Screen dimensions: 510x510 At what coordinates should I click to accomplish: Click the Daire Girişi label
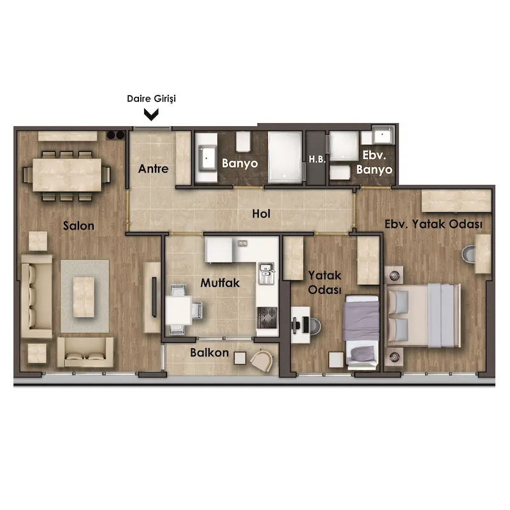(x=151, y=99)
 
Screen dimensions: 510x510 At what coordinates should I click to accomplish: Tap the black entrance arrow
(x=151, y=115)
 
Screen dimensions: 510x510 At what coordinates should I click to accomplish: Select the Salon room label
(x=78, y=226)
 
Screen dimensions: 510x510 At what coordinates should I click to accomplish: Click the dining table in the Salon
(x=67, y=175)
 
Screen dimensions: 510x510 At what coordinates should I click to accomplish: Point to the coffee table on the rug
(x=84, y=297)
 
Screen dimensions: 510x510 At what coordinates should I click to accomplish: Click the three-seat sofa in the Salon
(x=36, y=296)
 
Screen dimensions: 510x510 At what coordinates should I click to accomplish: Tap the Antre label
(x=153, y=169)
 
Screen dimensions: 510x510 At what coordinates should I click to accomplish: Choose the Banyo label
(x=240, y=163)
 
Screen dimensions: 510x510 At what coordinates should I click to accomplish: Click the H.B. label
(x=317, y=159)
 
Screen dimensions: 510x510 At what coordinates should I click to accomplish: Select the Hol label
(x=261, y=214)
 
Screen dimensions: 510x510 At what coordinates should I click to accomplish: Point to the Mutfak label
(x=220, y=282)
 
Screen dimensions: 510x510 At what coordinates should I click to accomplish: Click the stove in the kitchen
(x=267, y=317)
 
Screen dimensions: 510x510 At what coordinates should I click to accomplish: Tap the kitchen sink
(x=266, y=273)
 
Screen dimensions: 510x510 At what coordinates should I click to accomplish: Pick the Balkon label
(x=210, y=353)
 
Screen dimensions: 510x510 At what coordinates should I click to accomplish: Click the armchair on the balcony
(x=262, y=360)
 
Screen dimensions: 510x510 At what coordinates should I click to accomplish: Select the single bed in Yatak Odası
(x=362, y=332)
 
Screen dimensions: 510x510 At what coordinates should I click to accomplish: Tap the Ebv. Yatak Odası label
(x=433, y=224)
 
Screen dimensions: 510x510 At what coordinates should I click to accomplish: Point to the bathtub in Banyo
(x=285, y=157)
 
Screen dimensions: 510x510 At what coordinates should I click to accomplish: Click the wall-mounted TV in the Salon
(x=154, y=297)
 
